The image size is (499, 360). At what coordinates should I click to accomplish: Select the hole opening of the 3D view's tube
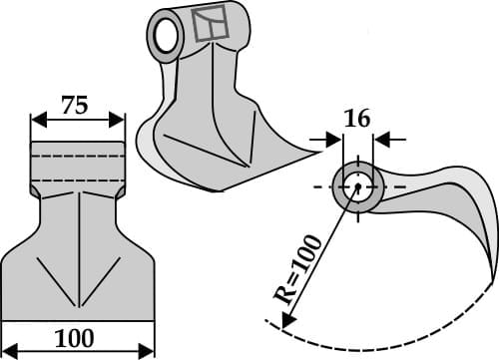click(x=164, y=36)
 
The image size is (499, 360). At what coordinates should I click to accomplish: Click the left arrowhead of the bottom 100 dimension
click(x=7, y=350)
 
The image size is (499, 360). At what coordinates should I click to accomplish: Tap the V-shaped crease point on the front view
click(x=78, y=304)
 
